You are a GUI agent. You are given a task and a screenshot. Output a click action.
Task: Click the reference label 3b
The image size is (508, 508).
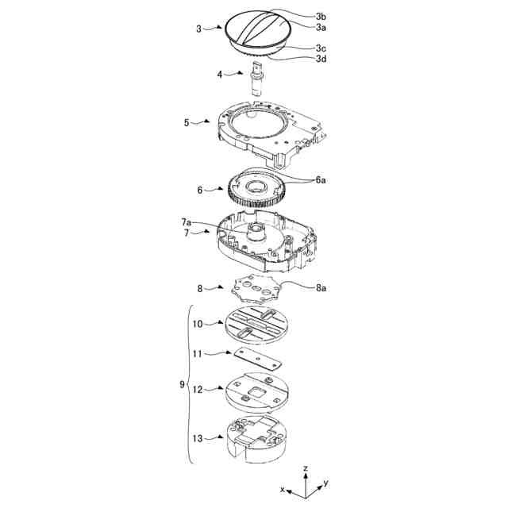[x=321, y=17]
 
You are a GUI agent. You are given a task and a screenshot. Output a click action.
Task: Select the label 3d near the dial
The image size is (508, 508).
[x=321, y=59]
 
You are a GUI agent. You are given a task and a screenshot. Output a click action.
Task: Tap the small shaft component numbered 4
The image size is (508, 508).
[x=257, y=79]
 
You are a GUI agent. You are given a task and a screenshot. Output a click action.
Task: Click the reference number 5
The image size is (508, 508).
[x=187, y=123]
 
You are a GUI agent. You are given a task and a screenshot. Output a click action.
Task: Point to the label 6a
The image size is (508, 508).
[x=321, y=180]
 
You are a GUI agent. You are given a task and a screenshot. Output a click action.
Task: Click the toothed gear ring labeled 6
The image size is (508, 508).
[x=256, y=189]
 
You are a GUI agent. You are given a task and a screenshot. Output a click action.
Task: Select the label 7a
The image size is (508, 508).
[x=187, y=222]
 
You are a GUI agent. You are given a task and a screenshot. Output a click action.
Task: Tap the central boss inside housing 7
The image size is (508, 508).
[x=257, y=232]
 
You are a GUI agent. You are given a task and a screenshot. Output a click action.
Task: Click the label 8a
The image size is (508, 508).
[x=321, y=287]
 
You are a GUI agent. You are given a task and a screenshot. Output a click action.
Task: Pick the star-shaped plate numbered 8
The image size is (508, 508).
[x=256, y=288]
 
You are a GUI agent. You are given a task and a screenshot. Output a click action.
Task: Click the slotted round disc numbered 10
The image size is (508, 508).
[x=256, y=325]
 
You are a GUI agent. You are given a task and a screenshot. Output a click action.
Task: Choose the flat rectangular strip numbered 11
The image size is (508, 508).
[x=257, y=359]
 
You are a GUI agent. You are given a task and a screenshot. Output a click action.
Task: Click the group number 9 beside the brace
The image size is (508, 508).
[x=182, y=384]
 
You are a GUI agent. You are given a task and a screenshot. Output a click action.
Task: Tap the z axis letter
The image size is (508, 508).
[x=305, y=468]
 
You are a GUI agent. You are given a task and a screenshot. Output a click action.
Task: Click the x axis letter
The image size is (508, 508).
[x=283, y=490]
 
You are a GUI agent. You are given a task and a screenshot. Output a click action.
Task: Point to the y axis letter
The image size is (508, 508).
[x=326, y=484]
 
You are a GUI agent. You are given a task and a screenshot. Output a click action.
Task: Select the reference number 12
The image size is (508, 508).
[x=198, y=390]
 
